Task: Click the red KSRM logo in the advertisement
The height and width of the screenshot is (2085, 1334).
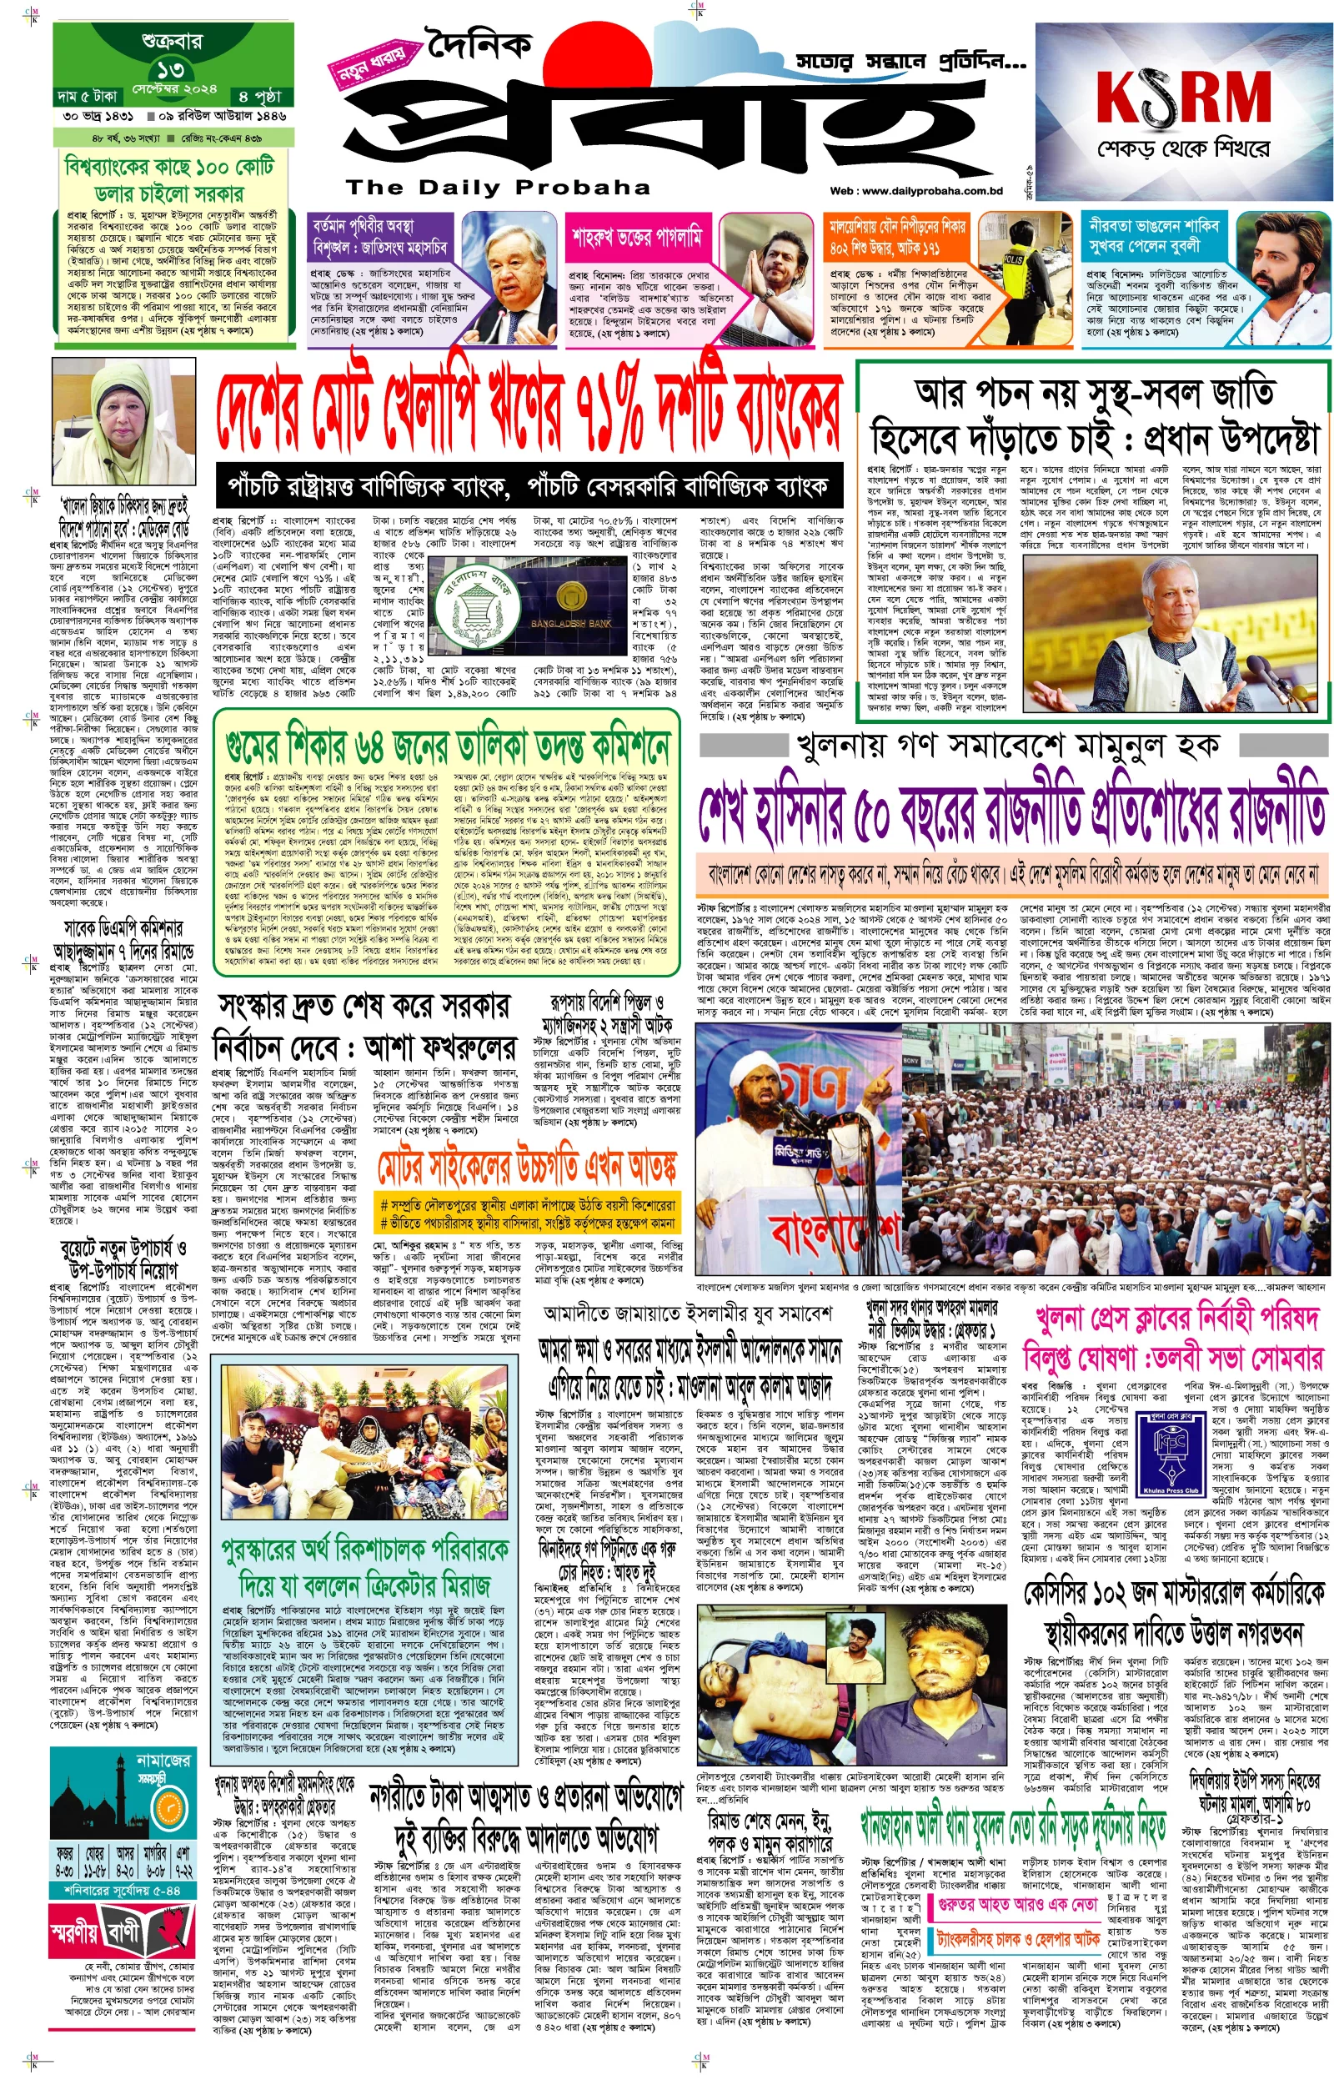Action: [x=1182, y=97]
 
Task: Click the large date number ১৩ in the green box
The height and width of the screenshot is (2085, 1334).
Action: [x=170, y=69]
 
